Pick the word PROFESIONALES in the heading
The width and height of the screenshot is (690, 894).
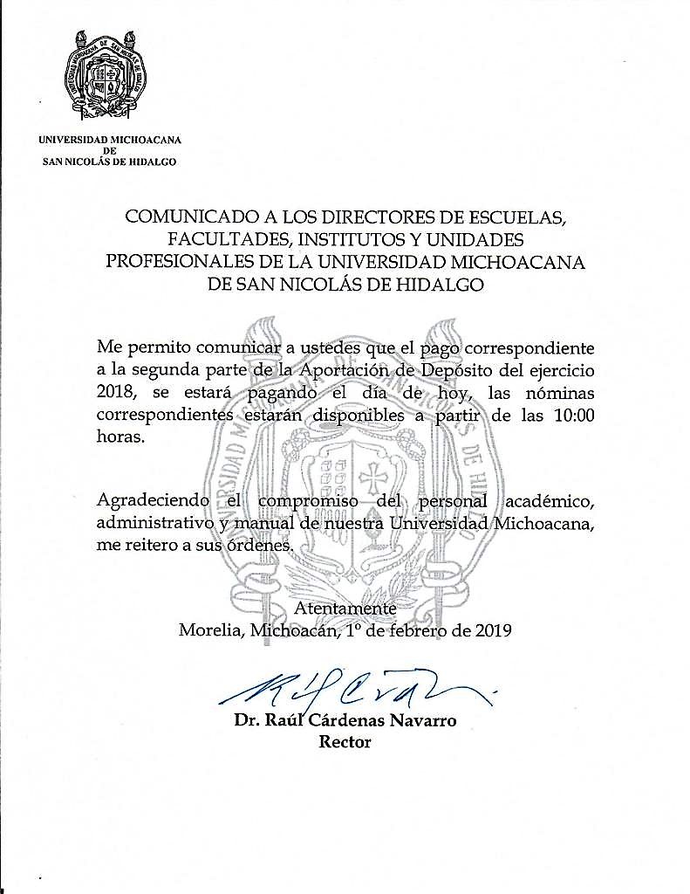tap(181, 261)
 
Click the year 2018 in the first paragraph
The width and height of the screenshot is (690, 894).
tap(116, 394)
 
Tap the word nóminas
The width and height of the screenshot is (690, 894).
tap(557, 394)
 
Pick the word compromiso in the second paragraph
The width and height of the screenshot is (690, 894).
tap(304, 502)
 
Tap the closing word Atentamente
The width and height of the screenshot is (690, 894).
tap(345, 609)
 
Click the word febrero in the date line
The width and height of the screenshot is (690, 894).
tap(419, 630)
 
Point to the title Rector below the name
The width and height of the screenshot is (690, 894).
tap(345, 743)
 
